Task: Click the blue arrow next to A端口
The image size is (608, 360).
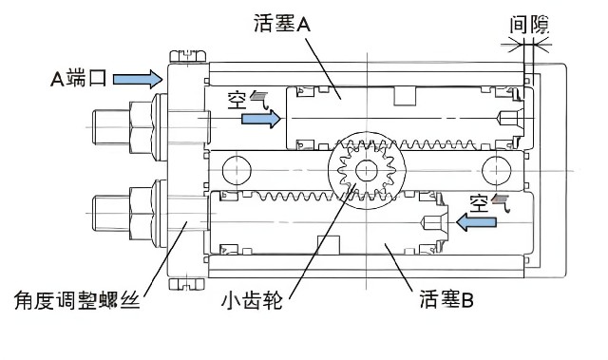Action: pyautogui.click(x=138, y=79)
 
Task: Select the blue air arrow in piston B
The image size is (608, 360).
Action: pyautogui.click(x=477, y=222)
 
